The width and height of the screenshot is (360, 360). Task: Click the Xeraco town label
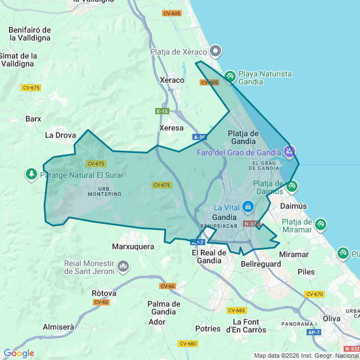coord(172,80)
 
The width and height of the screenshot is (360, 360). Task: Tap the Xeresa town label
coord(172,128)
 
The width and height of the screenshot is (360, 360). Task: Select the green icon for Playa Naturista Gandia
coord(229,76)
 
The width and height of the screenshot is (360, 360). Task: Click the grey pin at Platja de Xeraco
coord(216,52)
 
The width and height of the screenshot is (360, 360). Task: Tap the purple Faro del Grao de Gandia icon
coord(289,151)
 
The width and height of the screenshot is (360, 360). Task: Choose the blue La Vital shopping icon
coord(247,207)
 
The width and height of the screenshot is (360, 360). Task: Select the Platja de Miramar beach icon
coord(320,224)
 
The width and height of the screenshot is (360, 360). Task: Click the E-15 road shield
coord(162,111)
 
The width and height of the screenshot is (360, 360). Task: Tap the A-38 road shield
coord(200,137)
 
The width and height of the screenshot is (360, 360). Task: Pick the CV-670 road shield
coord(314,294)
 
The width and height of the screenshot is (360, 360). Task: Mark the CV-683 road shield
coord(237,310)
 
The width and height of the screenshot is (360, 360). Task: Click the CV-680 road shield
coord(188,343)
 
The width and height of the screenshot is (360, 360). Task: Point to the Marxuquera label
coord(133,246)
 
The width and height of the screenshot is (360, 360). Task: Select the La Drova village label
coord(60,135)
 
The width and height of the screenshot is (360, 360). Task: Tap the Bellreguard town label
coord(260,263)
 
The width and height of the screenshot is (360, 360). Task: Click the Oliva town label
coord(331,318)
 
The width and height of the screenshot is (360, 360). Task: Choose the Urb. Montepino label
coord(105,191)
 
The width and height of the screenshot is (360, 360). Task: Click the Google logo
coord(19,353)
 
